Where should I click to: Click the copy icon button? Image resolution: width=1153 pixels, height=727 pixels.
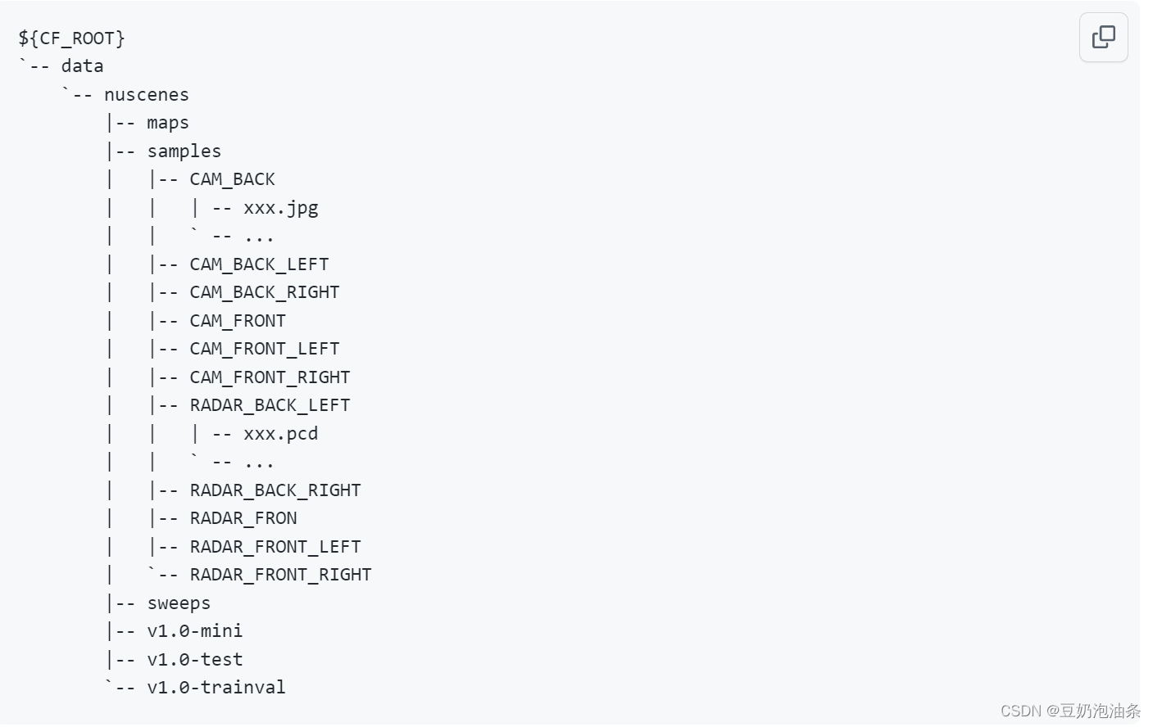1103,37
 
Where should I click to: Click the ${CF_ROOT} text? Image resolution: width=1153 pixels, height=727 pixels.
71,38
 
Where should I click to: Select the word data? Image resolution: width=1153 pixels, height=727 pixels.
82,66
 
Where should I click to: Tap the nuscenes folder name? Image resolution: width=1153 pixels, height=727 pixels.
146,95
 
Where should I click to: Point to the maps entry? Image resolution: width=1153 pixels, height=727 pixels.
168,123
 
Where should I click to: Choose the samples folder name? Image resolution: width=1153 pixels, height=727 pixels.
184,151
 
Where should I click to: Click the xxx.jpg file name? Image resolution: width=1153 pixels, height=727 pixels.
280,208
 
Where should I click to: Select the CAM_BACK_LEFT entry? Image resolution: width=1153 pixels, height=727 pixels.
259,264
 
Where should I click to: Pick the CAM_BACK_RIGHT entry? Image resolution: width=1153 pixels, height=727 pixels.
264,292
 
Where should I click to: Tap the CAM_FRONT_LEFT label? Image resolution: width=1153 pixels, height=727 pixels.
264,349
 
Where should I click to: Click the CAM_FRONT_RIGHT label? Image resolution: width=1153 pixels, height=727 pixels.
270,377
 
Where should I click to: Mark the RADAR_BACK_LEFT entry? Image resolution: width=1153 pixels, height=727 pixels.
270,405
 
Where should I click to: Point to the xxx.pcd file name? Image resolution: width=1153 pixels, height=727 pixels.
280,434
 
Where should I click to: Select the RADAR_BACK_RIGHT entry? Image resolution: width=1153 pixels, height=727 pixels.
275,490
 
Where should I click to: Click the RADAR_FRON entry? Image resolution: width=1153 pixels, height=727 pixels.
243,518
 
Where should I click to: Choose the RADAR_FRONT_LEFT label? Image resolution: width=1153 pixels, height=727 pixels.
275,547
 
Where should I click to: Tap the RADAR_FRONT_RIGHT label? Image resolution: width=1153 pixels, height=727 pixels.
280,575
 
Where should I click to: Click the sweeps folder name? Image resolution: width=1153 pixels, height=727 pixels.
179,603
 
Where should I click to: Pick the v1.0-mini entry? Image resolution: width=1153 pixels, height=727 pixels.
195,631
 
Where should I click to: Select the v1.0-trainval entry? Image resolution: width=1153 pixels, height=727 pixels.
216,688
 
